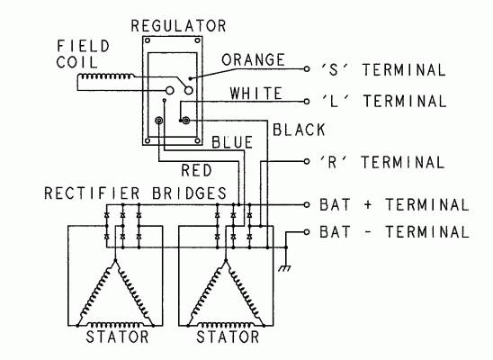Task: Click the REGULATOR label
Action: [178, 26]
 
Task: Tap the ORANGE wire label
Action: [253, 59]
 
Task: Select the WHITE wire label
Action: [255, 94]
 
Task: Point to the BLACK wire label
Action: [299, 130]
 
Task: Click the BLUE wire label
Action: [232, 142]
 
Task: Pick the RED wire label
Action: [196, 170]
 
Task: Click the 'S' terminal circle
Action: [307, 69]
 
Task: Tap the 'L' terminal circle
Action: [307, 101]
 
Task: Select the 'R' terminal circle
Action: [307, 161]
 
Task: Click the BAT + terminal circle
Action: [307, 204]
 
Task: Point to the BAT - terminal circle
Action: [307, 232]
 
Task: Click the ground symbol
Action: [285, 268]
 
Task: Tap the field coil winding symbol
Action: [106, 76]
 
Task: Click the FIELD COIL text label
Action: [83, 54]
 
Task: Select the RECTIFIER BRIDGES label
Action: [136, 193]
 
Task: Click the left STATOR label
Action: [117, 337]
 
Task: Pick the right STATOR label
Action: [228, 337]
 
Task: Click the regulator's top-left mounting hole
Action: [148, 40]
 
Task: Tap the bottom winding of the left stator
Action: [115, 325]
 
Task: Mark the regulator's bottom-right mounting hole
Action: [197, 140]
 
